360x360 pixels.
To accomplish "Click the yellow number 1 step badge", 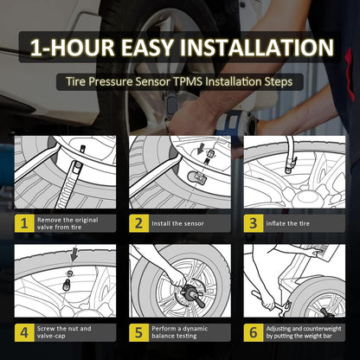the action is coord(24,223).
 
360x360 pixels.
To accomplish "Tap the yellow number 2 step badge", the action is coord(138,223).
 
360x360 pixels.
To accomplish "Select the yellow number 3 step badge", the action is coord(254,223).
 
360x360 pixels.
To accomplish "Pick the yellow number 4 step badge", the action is coord(24,332).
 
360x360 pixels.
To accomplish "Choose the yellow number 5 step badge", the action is coord(138,332).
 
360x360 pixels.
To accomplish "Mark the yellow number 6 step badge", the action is coord(254,332).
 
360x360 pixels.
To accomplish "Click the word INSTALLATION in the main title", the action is coord(257,48).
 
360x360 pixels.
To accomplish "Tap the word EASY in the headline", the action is coord(147,48).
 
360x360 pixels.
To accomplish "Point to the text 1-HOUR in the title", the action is coord(73,48).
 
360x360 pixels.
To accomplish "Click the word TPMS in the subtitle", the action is coord(188,81).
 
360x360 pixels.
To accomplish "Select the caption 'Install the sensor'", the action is coord(177,223).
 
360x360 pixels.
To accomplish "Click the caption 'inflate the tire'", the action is coord(288,223).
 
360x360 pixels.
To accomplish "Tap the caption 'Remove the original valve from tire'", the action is coord(67,223).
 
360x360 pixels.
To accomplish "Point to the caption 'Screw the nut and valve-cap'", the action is coord(64,332).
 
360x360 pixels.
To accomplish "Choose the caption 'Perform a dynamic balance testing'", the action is coord(180,332).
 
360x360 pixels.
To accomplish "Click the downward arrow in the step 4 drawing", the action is coord(74,254).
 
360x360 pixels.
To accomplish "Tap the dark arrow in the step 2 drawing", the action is coord(200,150).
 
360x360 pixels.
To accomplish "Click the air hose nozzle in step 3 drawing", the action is coord(290,165).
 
